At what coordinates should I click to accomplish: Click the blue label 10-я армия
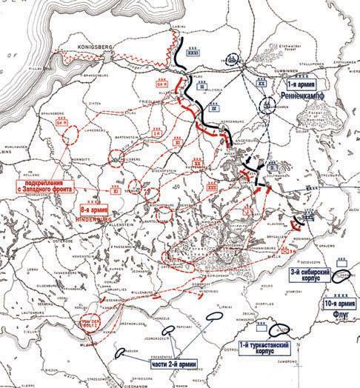tap(339, 304)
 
